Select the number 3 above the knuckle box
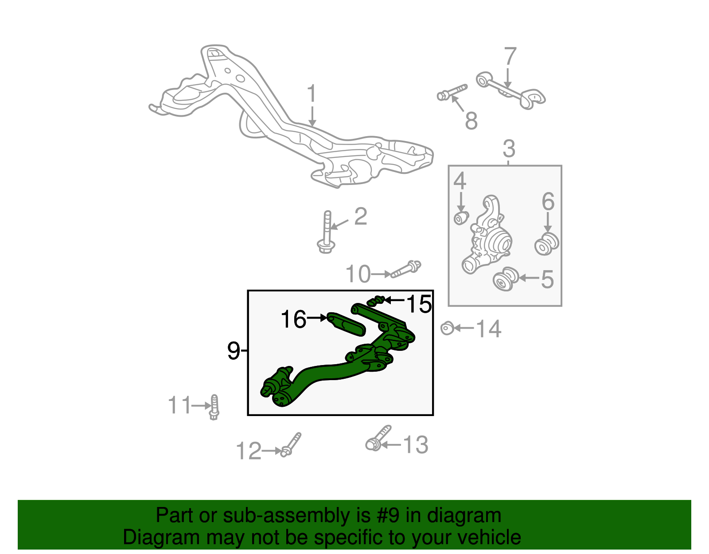coord(509,149)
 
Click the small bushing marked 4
coord(461,218)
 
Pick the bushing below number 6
coord(546,244)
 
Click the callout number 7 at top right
coord(510,57)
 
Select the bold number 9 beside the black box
coord(234,351)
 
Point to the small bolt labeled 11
coord(214,407)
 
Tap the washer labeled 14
coord(447,328)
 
